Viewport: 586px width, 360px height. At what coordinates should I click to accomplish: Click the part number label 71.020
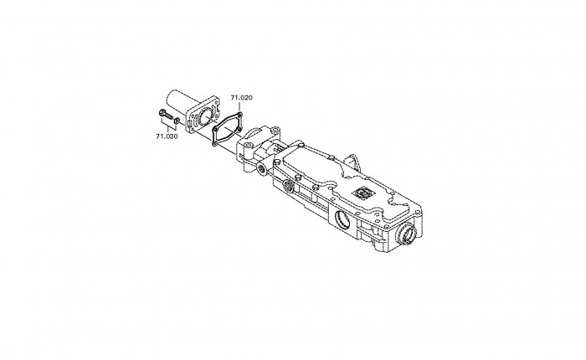tap(241, 98)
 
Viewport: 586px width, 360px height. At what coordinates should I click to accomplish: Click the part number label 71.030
tap(167, 136)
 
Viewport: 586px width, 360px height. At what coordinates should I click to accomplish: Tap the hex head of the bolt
tap(162, 112)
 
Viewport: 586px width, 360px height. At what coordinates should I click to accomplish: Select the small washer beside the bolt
tap(177, 121)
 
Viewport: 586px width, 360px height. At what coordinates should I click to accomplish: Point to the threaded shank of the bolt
tap(169, 116)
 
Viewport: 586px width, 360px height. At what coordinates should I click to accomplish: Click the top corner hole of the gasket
tap(240, 115)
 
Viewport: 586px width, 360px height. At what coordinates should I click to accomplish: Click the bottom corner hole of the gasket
tap(214, 143)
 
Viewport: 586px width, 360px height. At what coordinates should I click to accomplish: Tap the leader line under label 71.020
tap(240, 106)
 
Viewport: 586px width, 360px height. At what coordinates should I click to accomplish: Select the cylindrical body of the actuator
tap(177, 100)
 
